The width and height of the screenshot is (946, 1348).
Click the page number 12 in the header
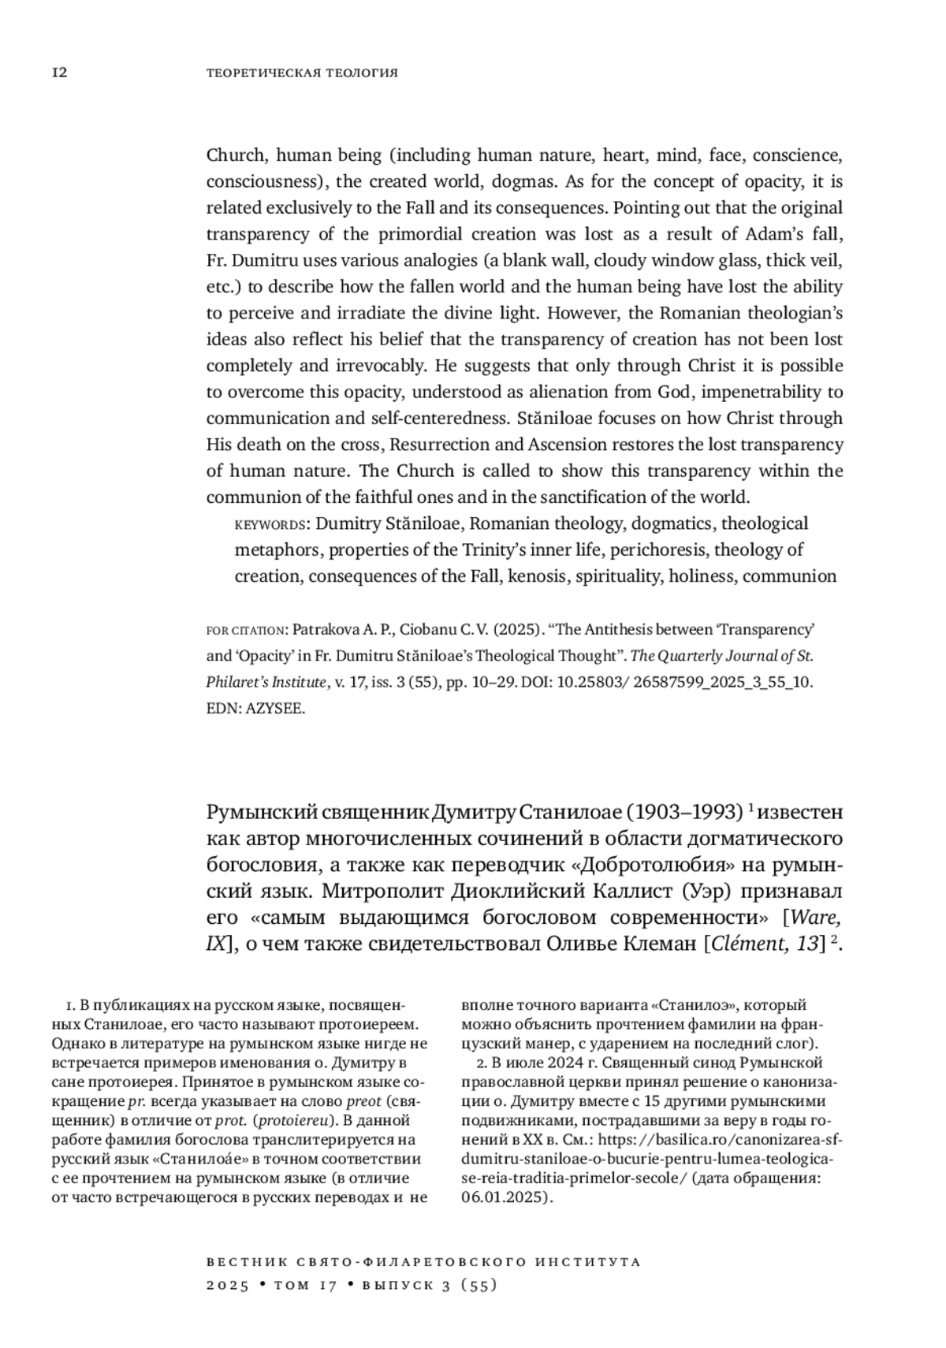(x=59, y=73)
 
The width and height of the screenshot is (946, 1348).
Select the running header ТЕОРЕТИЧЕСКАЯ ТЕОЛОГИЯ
(x=302, y=73)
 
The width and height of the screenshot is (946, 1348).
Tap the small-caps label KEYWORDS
(x=270, y=525)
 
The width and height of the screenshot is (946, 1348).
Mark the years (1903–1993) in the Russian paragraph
(x=686, y=812)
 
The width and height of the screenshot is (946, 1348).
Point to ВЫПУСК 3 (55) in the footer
(x=428, y=1286)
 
